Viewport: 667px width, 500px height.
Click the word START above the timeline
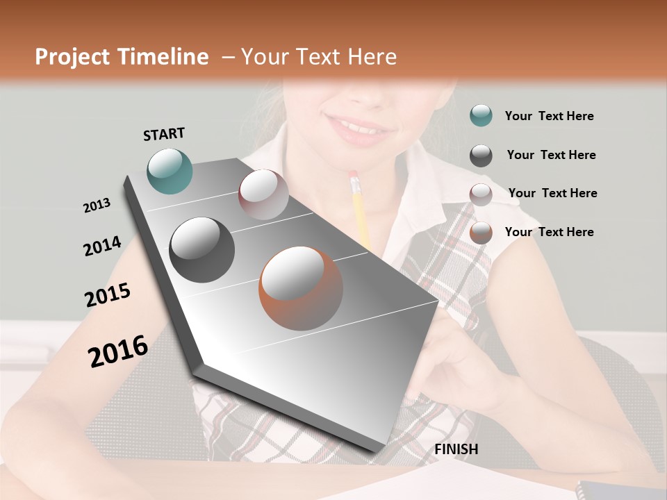pyautogui.click(x=164, y=134)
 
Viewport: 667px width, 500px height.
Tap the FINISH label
pyautogui.click(x=456, y=449)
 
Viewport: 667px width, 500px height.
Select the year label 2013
pyautogui.click(x=97, y=206)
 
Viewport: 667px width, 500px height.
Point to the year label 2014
pyautogui.click(x=102, y=247)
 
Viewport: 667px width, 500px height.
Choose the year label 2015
pyautogui.click(x=108, y=295)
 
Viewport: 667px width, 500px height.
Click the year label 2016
pyautogui.click(x=118, y=351)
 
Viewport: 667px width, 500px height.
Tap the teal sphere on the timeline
pyautogui.click(x=170, y=171)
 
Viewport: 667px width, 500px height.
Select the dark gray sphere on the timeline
pyautogui.click(x=201, y=250)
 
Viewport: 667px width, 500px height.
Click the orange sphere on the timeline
pyautogui.click(x=301, y=288)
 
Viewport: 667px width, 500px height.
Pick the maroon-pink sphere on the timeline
pyautogui.click(x=263, y=194)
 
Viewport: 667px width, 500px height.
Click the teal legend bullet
pyautogui.click(x=481, y=116)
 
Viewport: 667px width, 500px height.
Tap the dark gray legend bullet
pyautogui.click(x=481, y=156)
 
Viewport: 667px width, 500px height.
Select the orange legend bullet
pyautogui.click(x=481, y=233)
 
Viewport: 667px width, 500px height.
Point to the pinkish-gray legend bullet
pyautogui.click(x=481, y=194)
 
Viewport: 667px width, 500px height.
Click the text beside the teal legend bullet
pyautogui.click(x=549, y=116)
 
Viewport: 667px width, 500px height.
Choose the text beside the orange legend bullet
pyautogui.click(x=549, y=232)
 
